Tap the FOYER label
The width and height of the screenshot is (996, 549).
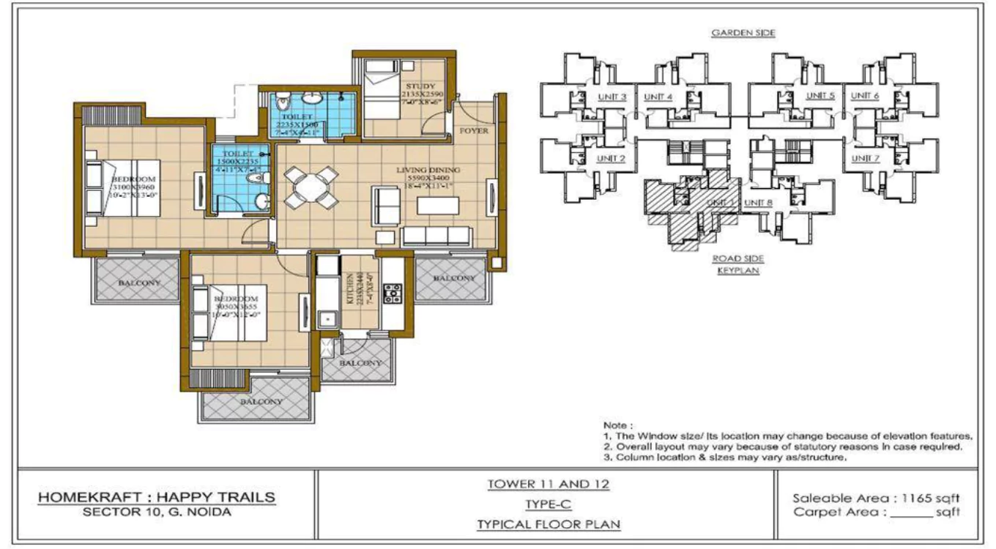[x=473, y=130]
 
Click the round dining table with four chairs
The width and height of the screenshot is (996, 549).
[x=311, y=187]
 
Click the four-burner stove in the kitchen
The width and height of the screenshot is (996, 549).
[x=393, y=292]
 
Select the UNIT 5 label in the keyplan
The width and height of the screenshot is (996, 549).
[x=820, y=97]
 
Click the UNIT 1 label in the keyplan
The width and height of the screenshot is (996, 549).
[x=715, y=203]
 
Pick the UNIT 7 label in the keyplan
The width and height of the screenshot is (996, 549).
[x=865, y=158]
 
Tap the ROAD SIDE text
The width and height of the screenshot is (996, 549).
[x=738, y=258]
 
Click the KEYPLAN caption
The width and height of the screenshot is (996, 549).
[x=738, y=270]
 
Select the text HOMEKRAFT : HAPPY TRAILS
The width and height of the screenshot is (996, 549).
[x=156, y=498]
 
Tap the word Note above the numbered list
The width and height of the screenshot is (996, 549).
[x=617, y=425]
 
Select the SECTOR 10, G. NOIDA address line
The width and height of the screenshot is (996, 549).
[x=156, y=512]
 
